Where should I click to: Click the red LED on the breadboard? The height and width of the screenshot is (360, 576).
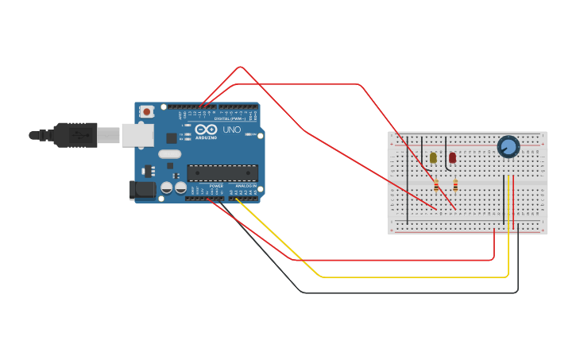[x=452, y=157]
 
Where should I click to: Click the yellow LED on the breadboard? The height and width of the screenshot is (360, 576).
[x=433, y=157]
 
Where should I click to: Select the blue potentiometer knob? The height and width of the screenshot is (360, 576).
[x=508, y=147]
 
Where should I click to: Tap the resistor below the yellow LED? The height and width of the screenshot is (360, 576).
[x=436, y=185]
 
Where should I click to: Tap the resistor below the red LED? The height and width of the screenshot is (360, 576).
[x=455, y=185]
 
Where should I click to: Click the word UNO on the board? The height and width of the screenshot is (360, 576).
[x=231, y=130]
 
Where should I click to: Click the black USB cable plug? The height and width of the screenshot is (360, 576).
[x=75, y=135]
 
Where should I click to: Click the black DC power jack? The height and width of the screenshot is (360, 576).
[x=141, y=189]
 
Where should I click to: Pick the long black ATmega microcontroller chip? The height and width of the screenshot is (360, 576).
[x=222, y=172]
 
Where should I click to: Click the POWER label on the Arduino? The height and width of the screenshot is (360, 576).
[x=216, y=185]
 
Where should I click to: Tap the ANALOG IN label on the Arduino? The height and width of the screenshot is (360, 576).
[x=245, y=185]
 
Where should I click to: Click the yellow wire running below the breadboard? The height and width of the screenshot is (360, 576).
[x=413, y=277]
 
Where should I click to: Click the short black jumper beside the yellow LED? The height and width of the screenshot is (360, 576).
[x=424, y=151]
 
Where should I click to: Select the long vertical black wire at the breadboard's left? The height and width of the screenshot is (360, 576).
[x=408, y=183]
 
